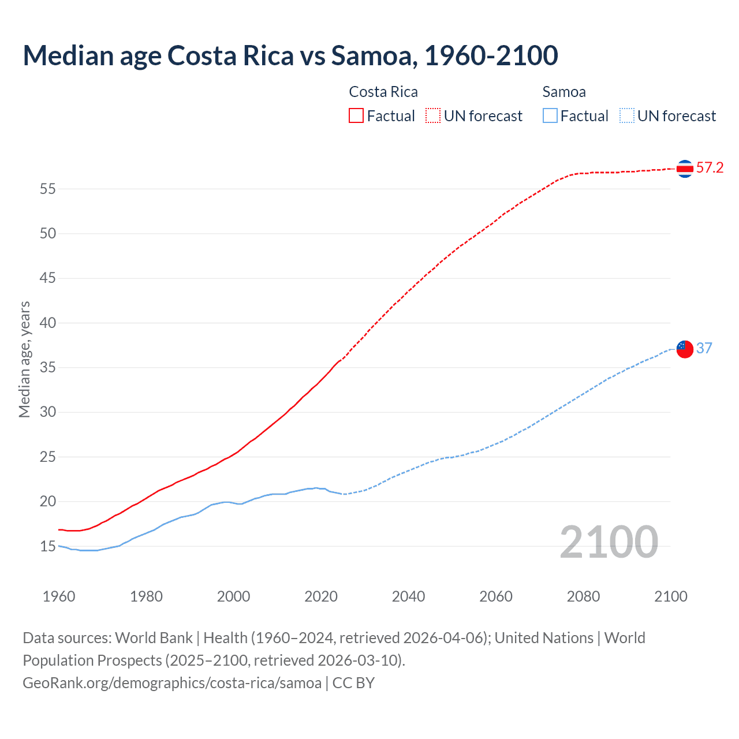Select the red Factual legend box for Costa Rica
[356, 115]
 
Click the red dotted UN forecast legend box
[433, 115]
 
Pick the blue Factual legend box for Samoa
[550, 115]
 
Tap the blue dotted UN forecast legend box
[626, 115]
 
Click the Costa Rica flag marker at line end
[685, 169]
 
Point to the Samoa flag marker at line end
[685, 349]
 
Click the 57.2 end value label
[710, 168]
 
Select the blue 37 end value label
[704, 348]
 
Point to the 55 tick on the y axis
[48, 189]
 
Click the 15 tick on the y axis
[48, 546]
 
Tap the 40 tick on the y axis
[48, 323]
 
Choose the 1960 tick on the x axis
[59, 596]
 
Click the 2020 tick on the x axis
[321, 596]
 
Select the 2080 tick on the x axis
[583, 596]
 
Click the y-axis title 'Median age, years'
[24, 359]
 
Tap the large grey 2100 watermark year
[609, 542]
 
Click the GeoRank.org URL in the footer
[172, 683]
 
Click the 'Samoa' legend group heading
[564, 92]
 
